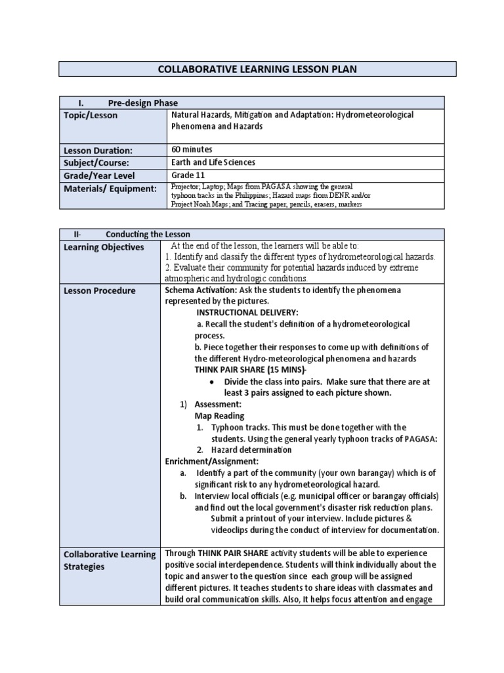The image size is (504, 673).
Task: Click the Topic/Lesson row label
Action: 91,115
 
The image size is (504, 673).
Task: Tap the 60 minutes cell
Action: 192,149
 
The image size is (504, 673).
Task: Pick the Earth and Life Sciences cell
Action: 213,162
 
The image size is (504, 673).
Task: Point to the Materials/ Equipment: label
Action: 110,189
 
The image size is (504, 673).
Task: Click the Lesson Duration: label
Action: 98,150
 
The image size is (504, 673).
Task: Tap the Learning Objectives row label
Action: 104,247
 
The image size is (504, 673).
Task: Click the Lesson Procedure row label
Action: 100,290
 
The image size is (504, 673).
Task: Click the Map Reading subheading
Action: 219,416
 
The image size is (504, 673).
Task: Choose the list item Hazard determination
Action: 251,450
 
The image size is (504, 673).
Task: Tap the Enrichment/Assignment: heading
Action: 211,461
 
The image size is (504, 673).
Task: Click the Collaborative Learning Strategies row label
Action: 109,560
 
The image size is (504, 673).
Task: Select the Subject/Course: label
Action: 97,162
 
